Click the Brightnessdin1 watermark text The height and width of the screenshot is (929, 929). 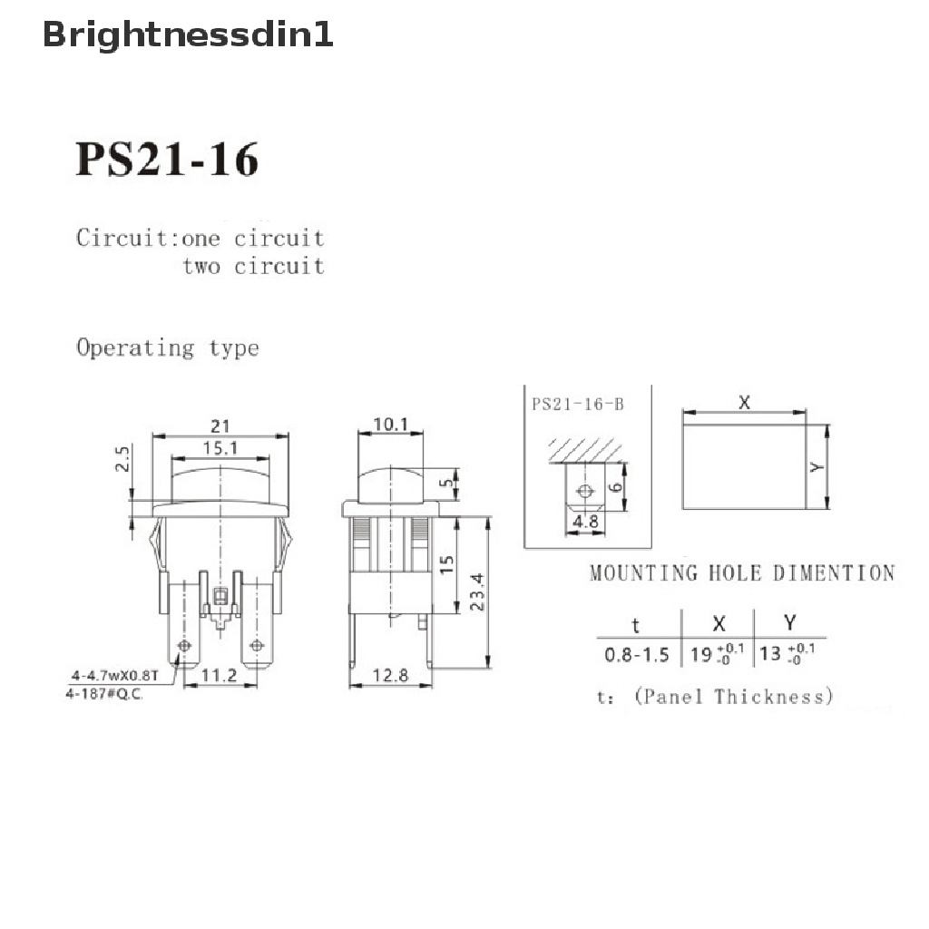188,35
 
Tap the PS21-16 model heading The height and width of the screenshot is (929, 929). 167,159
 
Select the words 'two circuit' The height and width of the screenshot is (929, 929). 254,266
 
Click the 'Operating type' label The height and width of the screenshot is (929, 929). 168,347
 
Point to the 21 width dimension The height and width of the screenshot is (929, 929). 220,426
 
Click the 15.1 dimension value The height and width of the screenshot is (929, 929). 220,448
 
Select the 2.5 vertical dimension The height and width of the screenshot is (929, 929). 122,458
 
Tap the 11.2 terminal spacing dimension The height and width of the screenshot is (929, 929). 220,675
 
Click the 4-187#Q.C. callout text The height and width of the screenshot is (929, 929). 104,694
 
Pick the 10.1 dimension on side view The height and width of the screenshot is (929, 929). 390,425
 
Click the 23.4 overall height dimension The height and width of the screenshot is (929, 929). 477,592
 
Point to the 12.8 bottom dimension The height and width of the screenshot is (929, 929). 390,675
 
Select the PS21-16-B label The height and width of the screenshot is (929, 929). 578,404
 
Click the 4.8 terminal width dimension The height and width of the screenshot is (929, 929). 585,522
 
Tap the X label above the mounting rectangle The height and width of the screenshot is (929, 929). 744,403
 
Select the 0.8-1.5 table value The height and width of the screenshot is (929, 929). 637,655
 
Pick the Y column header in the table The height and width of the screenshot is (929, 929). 790,622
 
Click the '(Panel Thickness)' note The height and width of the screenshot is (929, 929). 733,696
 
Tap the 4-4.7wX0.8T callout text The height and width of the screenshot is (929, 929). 115,675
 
